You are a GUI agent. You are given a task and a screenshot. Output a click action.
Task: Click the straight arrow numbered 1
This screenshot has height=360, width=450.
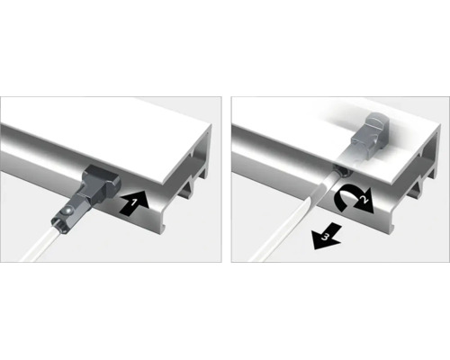coord(134,204)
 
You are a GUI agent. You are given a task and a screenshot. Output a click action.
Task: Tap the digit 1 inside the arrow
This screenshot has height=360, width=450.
coord(133,202)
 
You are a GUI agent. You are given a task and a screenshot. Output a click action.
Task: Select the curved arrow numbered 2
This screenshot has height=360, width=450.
coord(354,200)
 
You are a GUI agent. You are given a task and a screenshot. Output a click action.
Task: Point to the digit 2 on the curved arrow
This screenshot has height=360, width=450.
coord(364,200)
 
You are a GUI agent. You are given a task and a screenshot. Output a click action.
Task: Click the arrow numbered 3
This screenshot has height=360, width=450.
coord(327,236)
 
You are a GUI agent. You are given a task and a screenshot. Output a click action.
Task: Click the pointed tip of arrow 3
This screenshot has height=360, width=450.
coord(313,249)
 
